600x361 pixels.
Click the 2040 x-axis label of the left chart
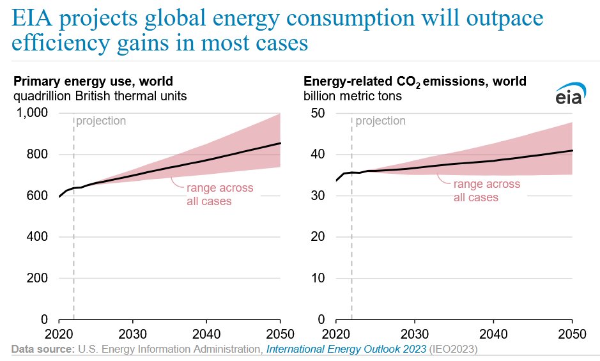(x=206, y=333)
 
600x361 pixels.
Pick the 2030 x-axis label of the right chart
(x=415, y=333)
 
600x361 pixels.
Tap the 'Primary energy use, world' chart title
(x=93, y=81)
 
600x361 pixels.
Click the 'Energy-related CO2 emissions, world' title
(x=415, y=81)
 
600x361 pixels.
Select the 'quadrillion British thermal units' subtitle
(x=100, y=96)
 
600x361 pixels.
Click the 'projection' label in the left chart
(x=101, y=121)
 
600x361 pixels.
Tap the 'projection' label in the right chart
(x=381, y=121)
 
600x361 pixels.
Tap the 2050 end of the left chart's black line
(x=281, y=143)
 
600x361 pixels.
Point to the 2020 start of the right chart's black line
(x=337, y=181)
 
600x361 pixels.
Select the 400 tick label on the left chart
(x=38, y=237)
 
